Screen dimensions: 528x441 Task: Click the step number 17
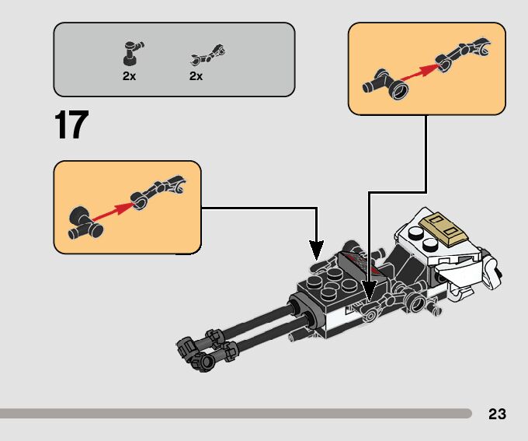[71, 125]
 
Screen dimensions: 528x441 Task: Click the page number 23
[497, 414]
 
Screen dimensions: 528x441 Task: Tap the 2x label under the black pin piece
[129, 76]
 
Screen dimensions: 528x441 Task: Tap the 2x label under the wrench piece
[196, 76]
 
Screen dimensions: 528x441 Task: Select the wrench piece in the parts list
[206, 56]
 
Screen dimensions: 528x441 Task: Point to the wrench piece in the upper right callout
[463, 52]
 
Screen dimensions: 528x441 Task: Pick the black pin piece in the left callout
[83, 223]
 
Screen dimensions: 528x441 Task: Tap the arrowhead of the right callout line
[370, 293]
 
